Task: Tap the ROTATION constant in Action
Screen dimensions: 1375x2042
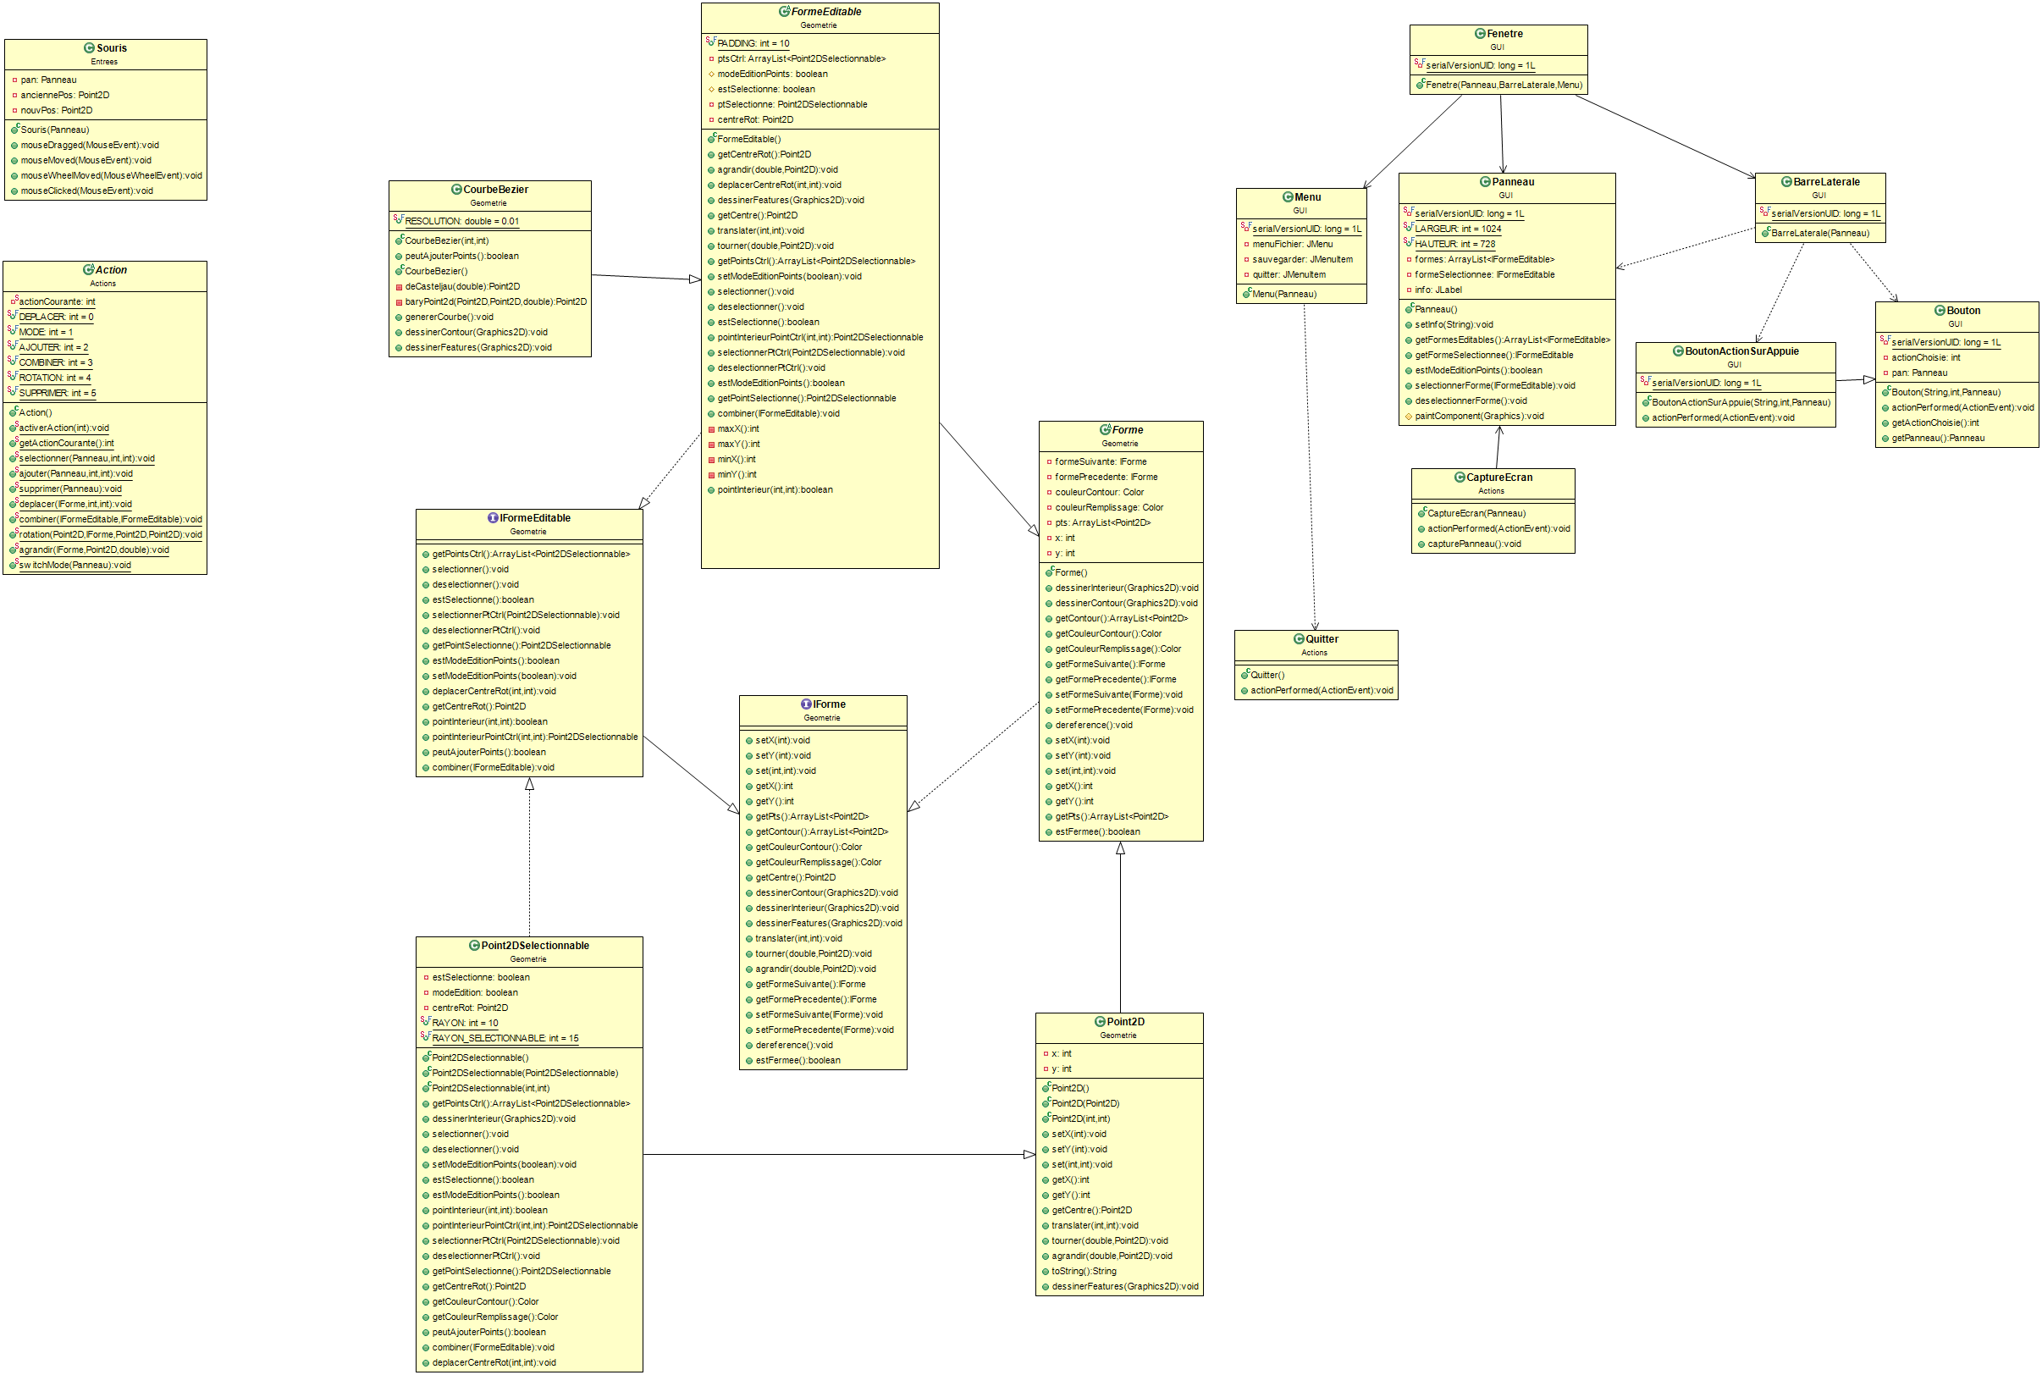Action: click(x=54, y=378)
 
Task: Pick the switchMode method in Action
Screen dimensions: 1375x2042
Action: click(x=75, y=566)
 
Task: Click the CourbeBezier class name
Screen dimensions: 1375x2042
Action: click(x=495, y=190)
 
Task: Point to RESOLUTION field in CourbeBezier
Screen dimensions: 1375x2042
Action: click(x=461, y=222)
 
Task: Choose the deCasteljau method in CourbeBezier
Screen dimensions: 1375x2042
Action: click(x=462, y=287)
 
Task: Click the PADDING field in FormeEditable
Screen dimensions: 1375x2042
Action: click(x=753, y=43)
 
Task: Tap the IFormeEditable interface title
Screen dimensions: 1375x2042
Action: click(x=534, y=518)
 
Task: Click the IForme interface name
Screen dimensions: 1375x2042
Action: click(x=829, y=704)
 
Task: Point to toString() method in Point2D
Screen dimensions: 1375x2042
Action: click(x=1084, y=1272)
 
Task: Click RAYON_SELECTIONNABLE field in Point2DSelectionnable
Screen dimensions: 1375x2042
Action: click(x=505, y=1038)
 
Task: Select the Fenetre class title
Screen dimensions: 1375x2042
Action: click(x=1504, y=34)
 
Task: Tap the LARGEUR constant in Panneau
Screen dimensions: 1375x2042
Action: click(x=1457, y=229)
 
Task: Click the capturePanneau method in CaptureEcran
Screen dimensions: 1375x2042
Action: click(x=1474, y=544)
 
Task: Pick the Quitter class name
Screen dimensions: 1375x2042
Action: click(x=1322, y=639)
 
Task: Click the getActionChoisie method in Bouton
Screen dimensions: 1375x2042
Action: click(x=1934, y=422)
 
